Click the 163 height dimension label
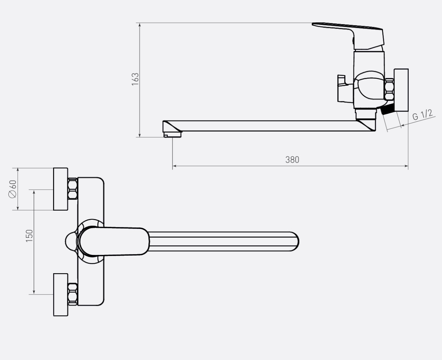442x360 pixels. coord(135,79)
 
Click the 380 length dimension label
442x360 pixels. coord(292,160)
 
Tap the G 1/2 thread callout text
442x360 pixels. coord(423,115)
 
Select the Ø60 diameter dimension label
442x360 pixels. coord(12,189)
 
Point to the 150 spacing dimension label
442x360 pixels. coord(29,236)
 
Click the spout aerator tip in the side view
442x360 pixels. coord(172,134)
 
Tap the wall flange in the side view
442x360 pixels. coord(401,90)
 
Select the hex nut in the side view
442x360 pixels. coord(389,89)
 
